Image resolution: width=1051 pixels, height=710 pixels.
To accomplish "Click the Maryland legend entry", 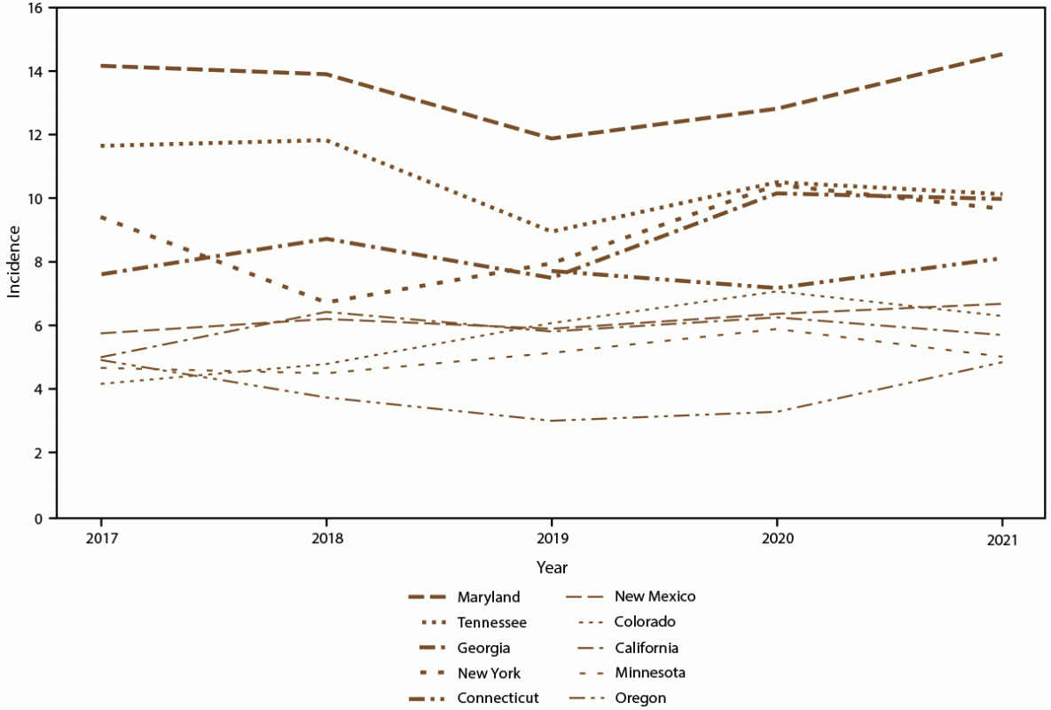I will coord(489,596).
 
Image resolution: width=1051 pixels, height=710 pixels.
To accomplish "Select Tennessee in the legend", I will coord(491,622).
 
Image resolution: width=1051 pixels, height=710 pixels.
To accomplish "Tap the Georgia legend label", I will coord(483,647).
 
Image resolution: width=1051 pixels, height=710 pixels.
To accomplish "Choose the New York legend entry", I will coord(489,673).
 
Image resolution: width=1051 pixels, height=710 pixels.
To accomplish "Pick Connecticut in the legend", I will coord(498,698).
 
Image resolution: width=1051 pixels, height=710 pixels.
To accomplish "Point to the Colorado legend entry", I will coord(646,622).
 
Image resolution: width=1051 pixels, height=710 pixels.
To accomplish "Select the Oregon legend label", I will coord(640,698).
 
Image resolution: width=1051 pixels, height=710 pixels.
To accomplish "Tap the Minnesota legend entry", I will coord(650,673).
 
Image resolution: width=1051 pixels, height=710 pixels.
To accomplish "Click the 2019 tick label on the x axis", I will coord(552,539).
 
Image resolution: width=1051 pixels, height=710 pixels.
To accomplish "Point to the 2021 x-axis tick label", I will coord(1002,539).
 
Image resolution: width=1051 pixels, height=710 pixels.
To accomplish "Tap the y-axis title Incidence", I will coord(14,262).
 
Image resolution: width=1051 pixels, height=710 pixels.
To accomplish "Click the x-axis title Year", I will coord(552,566).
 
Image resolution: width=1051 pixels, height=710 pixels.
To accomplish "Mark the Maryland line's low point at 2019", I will coord(552,138).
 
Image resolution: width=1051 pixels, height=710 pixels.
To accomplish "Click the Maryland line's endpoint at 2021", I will coord(1002,54).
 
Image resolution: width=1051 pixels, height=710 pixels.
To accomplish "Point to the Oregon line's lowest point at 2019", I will coord(552,421).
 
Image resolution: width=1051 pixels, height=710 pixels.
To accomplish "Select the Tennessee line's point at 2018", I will coord(326,140).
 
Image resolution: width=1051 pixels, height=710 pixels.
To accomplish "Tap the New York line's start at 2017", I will coord(101,217).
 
